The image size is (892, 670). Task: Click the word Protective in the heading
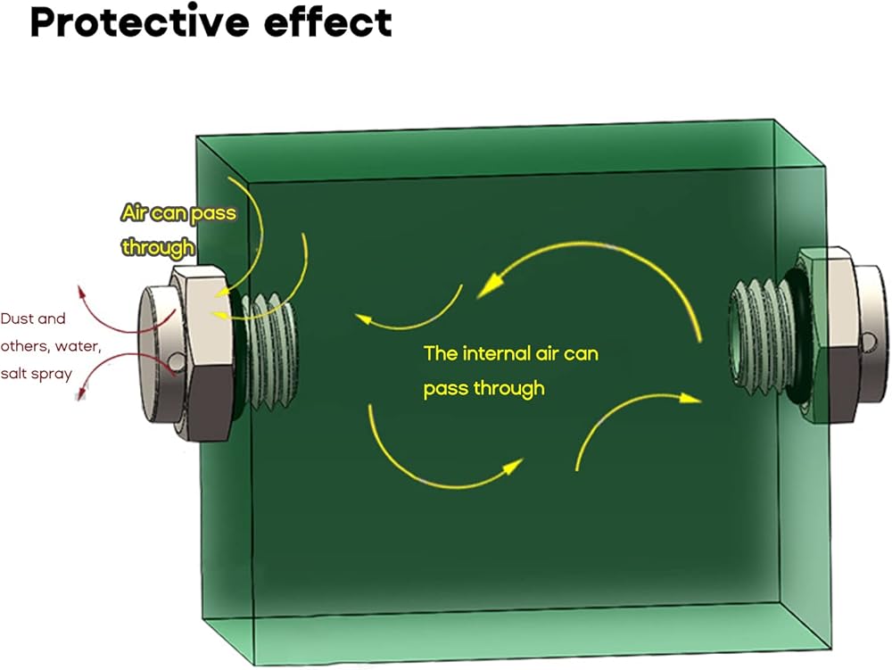coord(139,23)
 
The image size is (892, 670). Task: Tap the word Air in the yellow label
coord(135,213)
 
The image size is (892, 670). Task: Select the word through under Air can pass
coord(158,248)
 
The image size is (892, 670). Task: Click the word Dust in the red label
coord(16,318)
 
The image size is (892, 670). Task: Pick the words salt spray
coord(37,374)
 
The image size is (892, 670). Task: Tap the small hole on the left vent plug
coord(178,361)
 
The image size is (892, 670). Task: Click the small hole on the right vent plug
coord(869,342)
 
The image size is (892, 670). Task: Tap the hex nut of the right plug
coord(829,335)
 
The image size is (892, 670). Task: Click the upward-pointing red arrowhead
coord(82,293)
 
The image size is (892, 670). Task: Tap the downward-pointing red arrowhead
coord(83,393)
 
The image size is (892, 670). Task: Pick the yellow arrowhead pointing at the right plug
coord(690,398)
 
